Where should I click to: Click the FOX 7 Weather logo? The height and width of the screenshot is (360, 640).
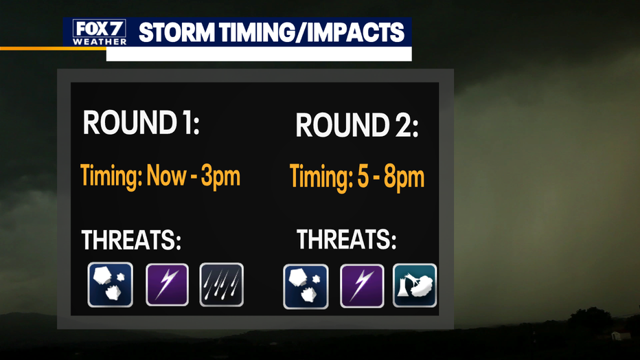100,32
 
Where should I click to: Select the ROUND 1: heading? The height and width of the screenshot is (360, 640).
141,122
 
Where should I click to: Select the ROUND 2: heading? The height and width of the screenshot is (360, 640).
357,125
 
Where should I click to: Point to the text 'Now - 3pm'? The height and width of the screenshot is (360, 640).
194,177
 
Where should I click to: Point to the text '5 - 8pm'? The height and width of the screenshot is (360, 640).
391,177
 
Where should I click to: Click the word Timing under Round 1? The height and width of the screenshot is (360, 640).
111,177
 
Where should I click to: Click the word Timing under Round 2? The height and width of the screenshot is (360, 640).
321,177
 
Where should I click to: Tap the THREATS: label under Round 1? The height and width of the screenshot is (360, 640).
131,240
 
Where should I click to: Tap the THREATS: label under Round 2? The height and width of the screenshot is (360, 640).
346,239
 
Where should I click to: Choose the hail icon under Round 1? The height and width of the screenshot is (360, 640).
110,284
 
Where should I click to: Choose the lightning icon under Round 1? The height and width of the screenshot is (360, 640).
168,285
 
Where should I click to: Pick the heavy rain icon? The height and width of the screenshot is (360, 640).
222,285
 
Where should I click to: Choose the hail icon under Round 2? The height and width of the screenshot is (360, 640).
306,286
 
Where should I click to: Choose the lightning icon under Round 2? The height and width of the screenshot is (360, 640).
362,286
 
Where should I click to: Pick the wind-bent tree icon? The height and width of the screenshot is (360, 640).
415,285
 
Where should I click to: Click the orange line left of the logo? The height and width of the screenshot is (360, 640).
53,49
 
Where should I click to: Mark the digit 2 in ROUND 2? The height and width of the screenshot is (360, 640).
404,125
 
